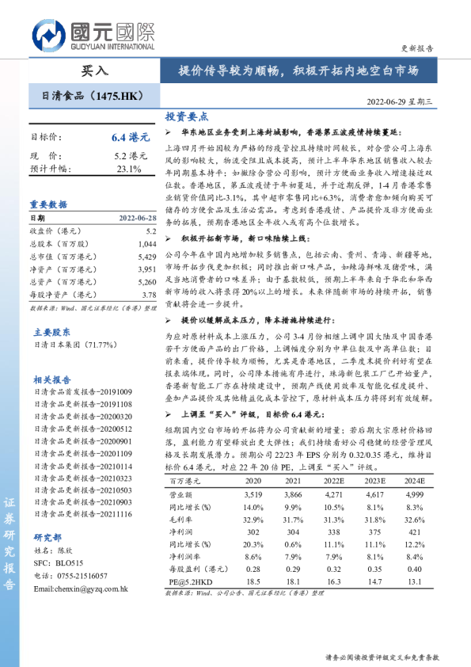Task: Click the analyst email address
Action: (x=82, y=589)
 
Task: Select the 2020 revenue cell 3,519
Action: (x=253, y=493)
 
